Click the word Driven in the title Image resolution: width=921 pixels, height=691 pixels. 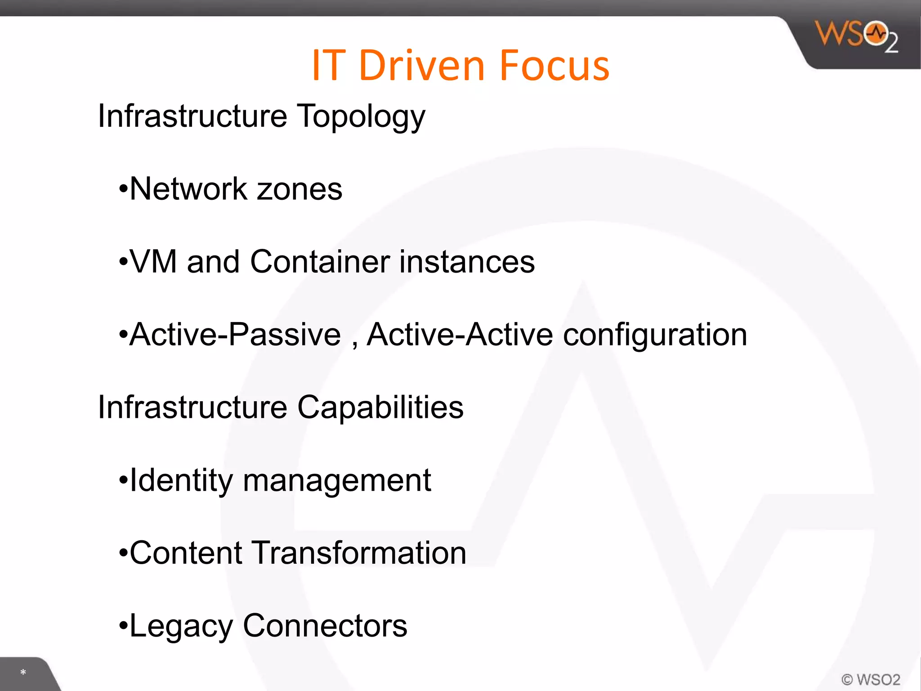(422, 66)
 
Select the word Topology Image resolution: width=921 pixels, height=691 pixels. (361, 117)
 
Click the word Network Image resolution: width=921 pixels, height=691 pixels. (188, 188)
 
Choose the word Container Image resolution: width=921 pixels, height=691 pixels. (320, 261)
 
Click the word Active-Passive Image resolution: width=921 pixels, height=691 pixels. (235, 334)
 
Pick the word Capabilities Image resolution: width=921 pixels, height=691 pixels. (380, 407)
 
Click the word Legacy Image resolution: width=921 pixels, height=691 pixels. (181, 626)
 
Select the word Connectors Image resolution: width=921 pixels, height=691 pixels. (325, 626)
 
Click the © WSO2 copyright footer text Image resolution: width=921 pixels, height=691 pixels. (871, 679)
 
